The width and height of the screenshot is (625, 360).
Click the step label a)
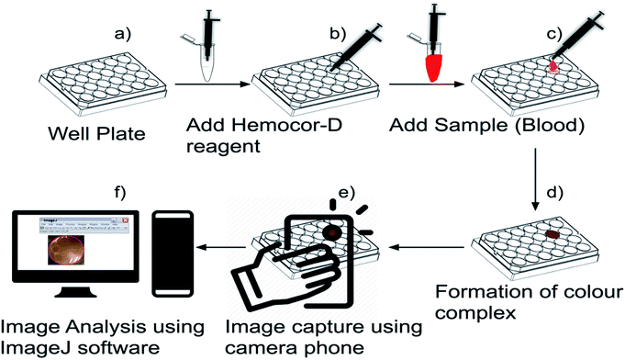click(122, 34)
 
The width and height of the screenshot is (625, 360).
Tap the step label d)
click(554, 193)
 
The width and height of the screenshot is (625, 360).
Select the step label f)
click(119, 193)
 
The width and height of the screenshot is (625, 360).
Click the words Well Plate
click(97, 133)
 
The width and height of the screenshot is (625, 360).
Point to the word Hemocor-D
click(287, 126)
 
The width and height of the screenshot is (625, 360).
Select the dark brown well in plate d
click(552, 234)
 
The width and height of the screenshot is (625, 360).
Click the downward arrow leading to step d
click(535, 179)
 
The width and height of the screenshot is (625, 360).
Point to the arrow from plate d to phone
click(427, 248)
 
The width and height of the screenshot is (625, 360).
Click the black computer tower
click(173, 254)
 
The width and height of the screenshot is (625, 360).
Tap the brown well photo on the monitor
click(66, 250)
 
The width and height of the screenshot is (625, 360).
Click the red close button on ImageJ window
click(125, 220)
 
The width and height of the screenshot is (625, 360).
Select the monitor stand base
click(76, 293)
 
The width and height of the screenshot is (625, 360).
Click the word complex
click(475, 312)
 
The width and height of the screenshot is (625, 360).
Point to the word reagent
click(223, 147)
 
